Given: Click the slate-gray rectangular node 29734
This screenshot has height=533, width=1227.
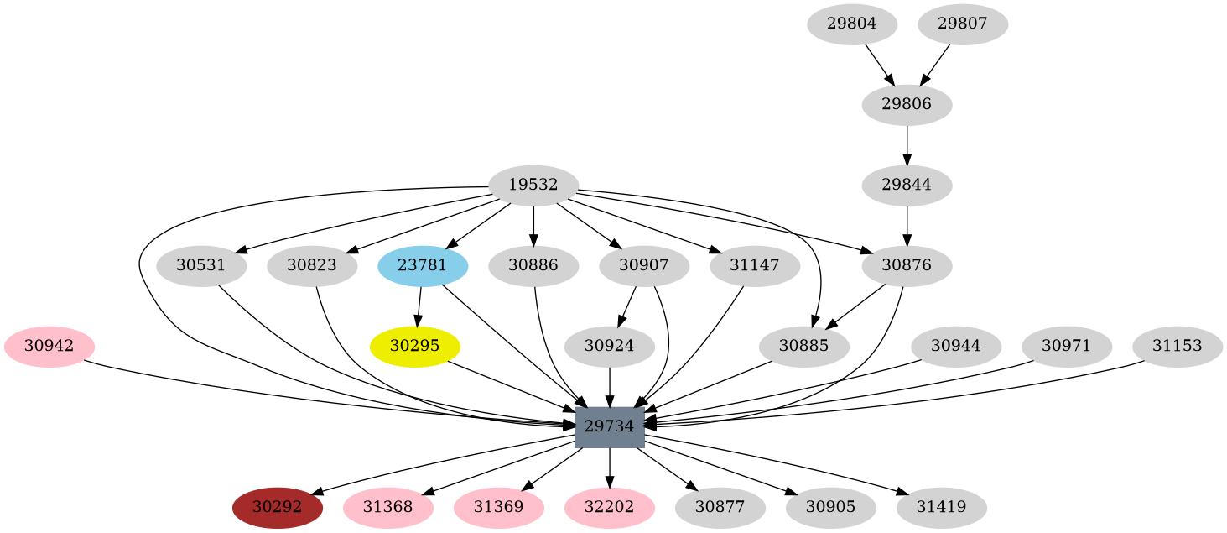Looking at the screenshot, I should pos(609,426).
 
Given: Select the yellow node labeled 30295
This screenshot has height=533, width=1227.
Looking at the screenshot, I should pos(414,346).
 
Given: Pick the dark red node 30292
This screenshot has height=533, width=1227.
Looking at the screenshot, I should pos(277,507).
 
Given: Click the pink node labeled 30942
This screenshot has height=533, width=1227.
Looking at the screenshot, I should pos(49,346).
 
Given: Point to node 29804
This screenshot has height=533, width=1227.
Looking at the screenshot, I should pos(851,24).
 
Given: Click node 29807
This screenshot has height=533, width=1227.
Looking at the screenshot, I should pos(962,24).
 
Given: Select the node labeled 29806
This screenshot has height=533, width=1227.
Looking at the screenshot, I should pos(907,105).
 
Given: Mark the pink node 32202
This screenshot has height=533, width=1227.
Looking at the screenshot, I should pos(609,507).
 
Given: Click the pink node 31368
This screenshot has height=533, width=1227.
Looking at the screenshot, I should pos(387,507).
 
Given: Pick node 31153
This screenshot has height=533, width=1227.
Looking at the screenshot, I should pos(1177,346).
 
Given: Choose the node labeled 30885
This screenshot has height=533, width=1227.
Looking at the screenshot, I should pos(803,346).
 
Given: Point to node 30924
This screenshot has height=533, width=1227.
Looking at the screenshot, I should pos(609,346).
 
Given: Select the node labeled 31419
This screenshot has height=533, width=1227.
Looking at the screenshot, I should pos(941,507).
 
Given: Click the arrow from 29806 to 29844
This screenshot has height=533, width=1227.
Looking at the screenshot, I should pos(907,145).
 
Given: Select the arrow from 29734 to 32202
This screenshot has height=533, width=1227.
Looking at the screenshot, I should pos(609,467).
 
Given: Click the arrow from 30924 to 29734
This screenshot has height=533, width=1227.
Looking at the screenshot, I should pos(609,386).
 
